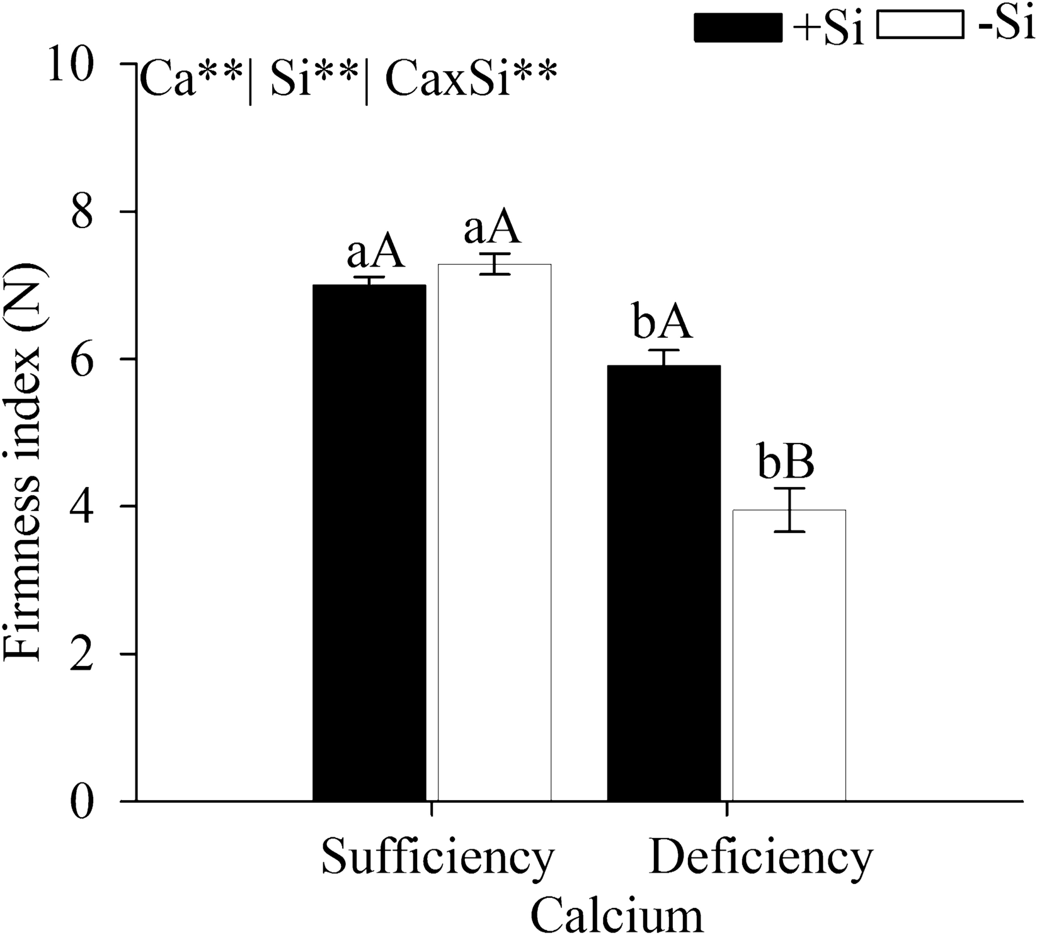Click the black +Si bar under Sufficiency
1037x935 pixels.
point(369,542)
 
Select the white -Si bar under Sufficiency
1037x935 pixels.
point(495,532)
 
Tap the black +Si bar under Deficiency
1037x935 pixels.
point(663,583)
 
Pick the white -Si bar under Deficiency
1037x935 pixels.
point(789,655)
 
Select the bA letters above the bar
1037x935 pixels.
point(662,324)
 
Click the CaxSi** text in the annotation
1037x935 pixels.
point(471,83)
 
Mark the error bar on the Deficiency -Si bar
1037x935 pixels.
point(789,510)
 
